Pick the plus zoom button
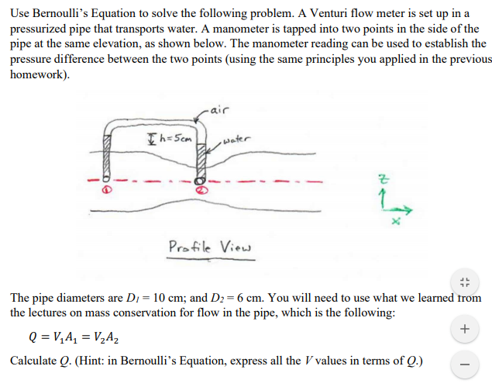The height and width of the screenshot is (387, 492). (464, 329)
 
